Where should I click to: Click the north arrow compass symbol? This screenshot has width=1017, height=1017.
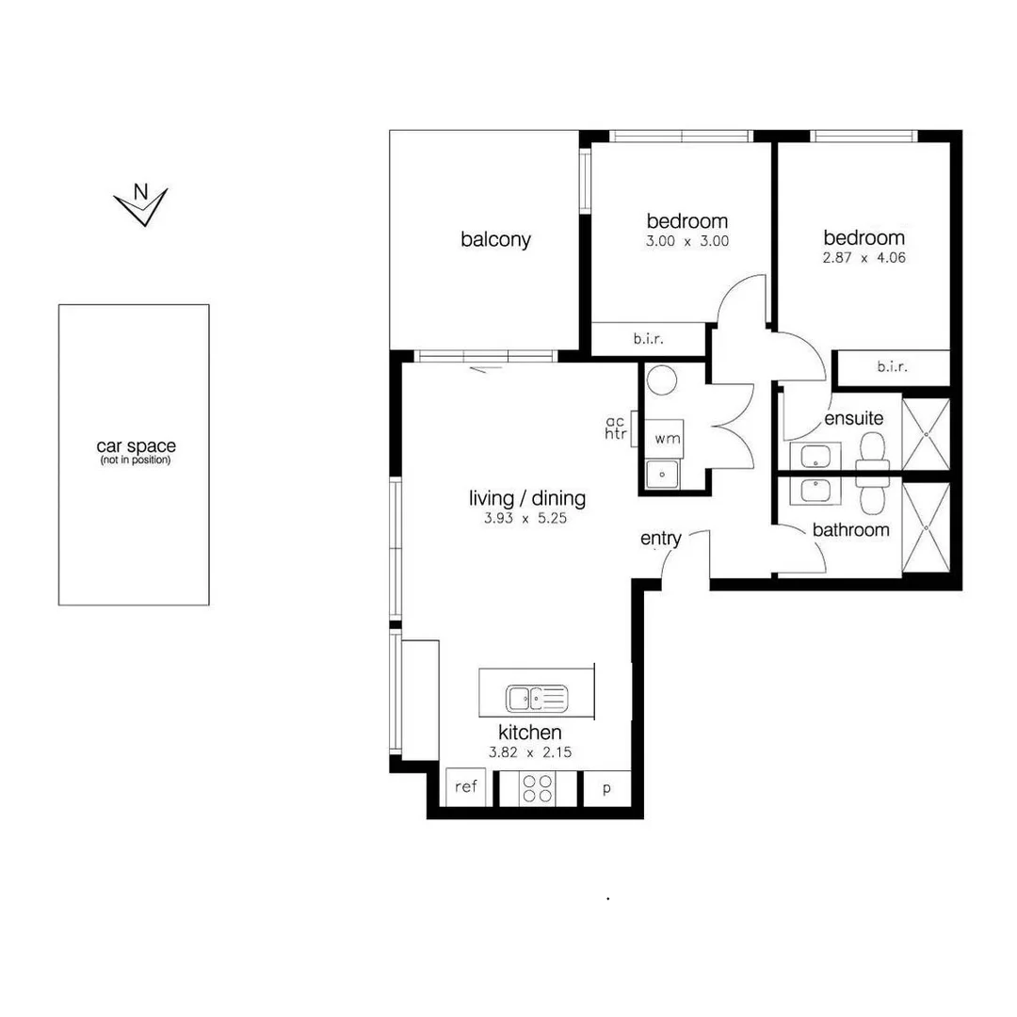tap(140, 204)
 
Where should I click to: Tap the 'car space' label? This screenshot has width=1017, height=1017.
tap(136, 447)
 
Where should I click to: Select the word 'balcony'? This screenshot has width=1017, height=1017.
tap(495, 240)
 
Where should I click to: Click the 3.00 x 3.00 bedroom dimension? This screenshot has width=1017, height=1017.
tap(686, 241)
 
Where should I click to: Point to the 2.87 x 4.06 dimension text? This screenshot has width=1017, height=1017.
tap(864, 257)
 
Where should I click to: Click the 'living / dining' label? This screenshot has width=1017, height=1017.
tap(527, 498)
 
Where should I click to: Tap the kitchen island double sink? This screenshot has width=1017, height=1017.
tap(537, 698)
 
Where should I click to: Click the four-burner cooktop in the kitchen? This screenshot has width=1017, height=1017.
tap(538, 788)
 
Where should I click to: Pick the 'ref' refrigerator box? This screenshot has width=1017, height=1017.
tap(467, 787)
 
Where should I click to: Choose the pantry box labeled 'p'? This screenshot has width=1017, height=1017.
tap(606, 788)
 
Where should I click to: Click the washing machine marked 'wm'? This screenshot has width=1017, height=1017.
tap(667, 439)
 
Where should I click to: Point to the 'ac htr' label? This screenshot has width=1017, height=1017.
tap(617, 428)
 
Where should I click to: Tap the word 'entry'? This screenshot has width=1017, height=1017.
tap(660, 539)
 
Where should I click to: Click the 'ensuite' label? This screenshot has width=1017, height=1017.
tap(853, 417)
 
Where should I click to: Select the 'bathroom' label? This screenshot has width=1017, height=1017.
tap(850, 530)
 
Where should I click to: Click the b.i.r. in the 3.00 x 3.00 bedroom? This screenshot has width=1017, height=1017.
tap(648, 339)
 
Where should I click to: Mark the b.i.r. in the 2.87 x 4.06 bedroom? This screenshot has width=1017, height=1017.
tap(891, 367)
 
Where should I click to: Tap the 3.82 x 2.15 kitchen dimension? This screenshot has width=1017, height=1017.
tap(530, 752)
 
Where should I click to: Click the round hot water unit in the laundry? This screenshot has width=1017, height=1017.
tap(662, 379)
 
